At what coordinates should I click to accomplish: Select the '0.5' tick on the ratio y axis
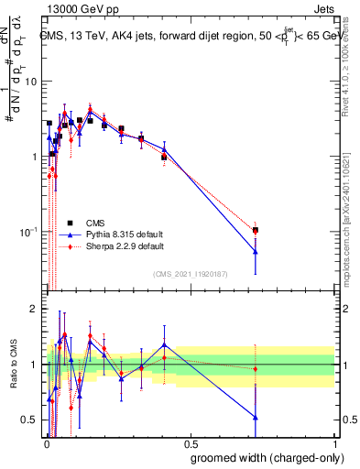28,420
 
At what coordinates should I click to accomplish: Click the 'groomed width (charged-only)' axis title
262,457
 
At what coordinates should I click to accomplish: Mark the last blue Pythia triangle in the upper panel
256,252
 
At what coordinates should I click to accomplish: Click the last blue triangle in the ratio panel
256,418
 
